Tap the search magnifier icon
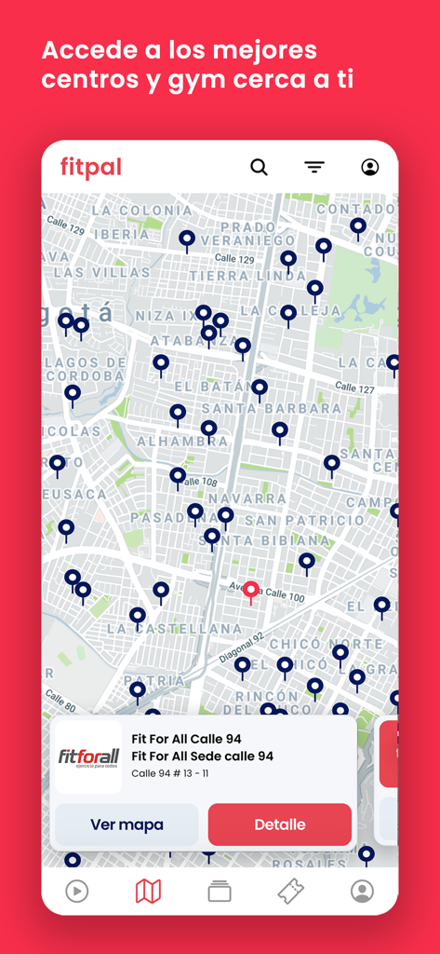tap(259, 168)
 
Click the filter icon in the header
tap(314, 168)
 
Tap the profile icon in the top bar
tap(369, 168)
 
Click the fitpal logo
tap(91, 168)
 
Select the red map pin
tap(250, 592)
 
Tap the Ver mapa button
tap(127, 825)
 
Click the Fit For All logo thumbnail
tap(88, 756)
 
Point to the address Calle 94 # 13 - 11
tap(169, 773)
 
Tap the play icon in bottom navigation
tap(76, 892)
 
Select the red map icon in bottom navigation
tap(148, 892)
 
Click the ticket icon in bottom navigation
tap(290, 892)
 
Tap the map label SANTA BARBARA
tap(272, 408)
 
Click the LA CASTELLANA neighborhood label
tap(174, 629)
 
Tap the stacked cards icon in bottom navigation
tap(220, 892)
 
